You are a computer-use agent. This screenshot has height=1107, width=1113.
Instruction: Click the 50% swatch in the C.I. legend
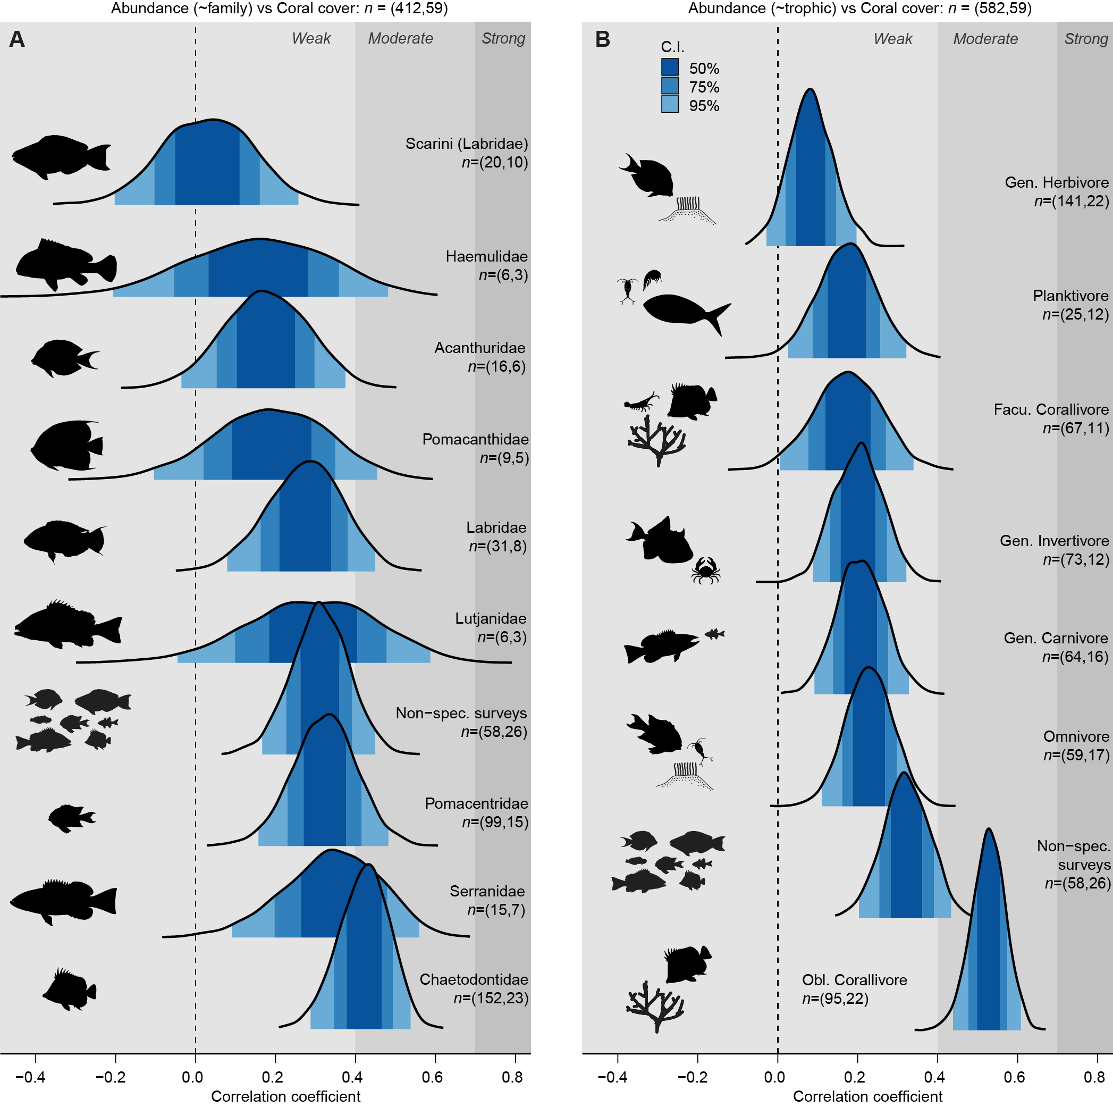coord(670,68)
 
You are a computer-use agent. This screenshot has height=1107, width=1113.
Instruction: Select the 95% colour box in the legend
coord(670,105)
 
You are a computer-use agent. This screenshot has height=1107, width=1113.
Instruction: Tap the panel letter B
coord(603,39)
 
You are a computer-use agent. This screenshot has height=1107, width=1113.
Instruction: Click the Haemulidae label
coord(487,256)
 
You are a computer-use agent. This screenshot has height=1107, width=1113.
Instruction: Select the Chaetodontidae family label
coord(474,979)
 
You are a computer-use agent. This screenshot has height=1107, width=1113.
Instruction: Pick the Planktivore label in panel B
coord(1070,296)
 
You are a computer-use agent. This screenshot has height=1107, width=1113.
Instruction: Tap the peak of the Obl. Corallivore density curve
coord(989,830)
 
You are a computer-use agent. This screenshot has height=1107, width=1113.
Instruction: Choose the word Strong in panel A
coord(503,39)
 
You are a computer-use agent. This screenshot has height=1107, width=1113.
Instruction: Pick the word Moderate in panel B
coord(985,39)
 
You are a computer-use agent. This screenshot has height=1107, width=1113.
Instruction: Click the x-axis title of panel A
coord(286,1096)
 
